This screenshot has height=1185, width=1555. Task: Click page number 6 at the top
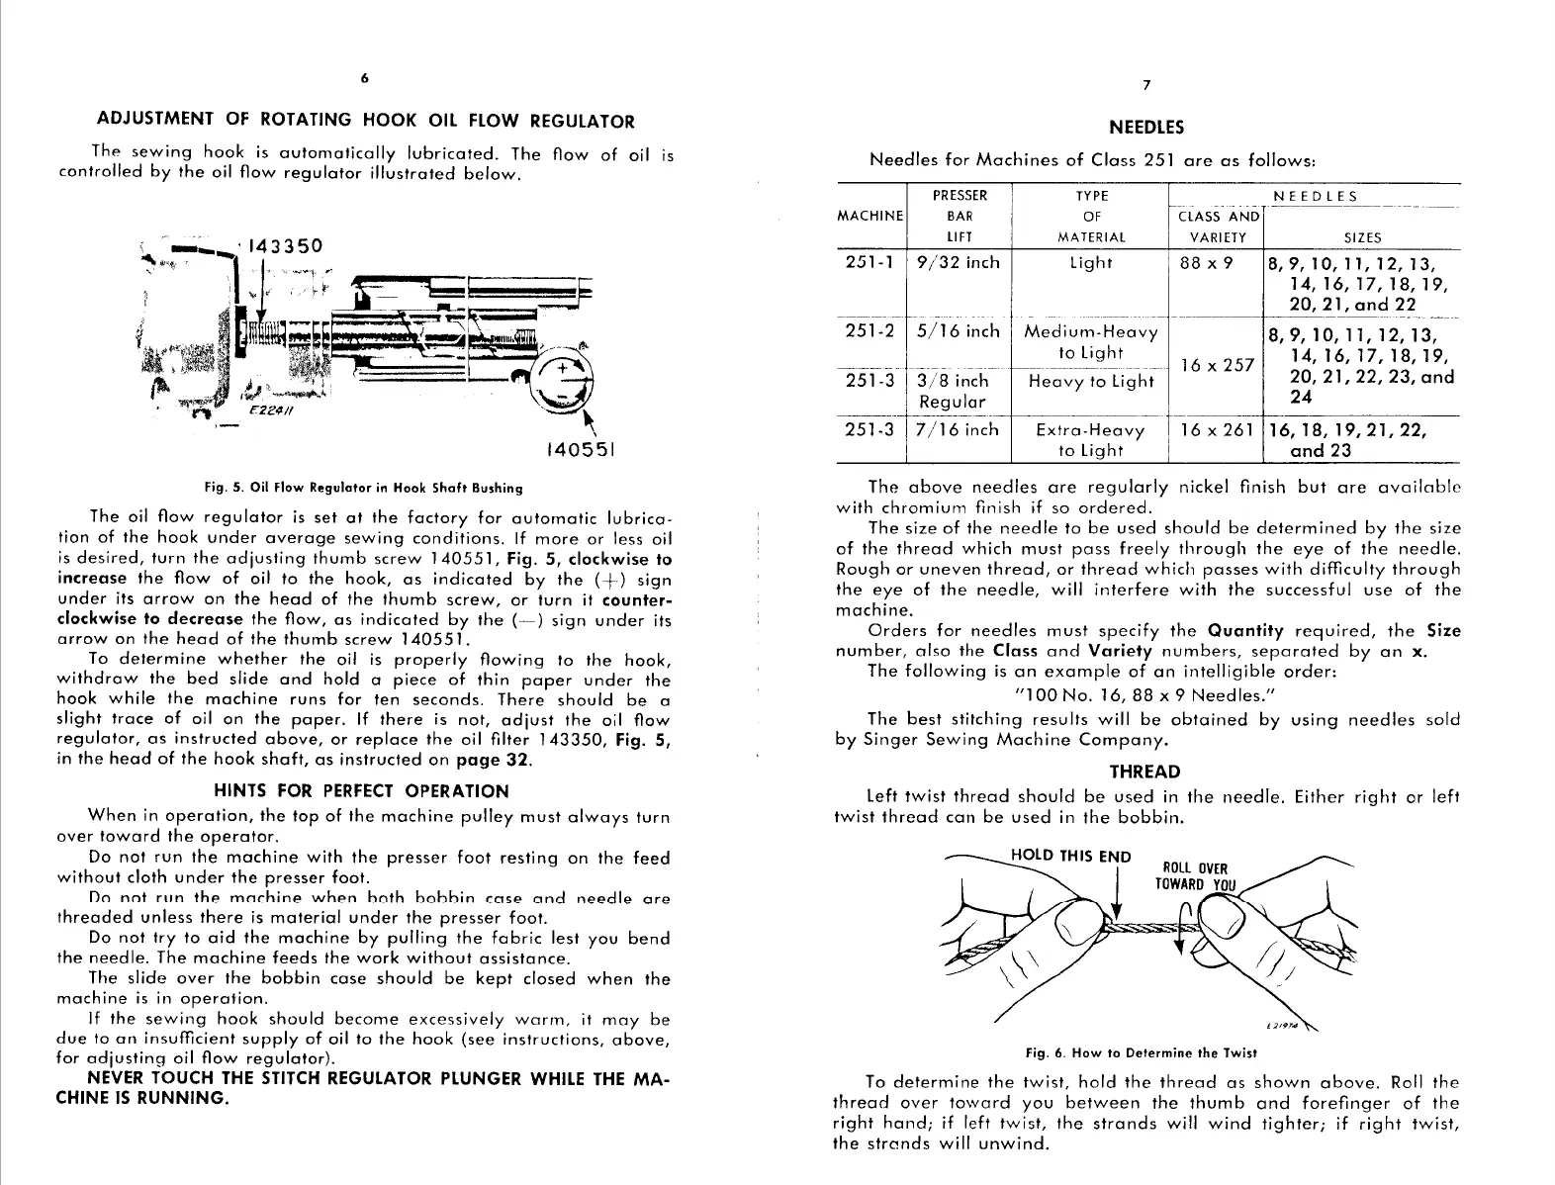pyautogui.click(x=364, y=77)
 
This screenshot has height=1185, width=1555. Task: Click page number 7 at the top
pyautogui.click(x=1146, y=85)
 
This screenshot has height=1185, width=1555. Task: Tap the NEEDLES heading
pyautogui.click(x=1146, y=128)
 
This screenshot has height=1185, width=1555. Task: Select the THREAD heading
pyautogui.click(x=1144, y=772)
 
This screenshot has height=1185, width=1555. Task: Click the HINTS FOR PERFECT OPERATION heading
pyautogui.click(x=361, y=791)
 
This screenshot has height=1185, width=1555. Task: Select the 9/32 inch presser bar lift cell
pyautogui.click(x=958, y=263)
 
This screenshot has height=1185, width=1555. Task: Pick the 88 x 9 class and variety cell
pyautogui.click(x=1207, y=263)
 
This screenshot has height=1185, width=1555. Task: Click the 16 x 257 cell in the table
pyautogui.click(x=1216, y=365)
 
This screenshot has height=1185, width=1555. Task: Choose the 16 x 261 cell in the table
pyautogui.click(x=1216, y=430)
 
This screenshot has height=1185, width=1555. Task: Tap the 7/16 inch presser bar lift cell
pyautogui.click(x=958, y=430)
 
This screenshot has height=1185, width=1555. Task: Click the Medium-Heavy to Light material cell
pyautogui.click(x=1089, y=342)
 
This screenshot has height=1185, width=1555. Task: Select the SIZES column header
pyautogui.click(x=1362, y=238)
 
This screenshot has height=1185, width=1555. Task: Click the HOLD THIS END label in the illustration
pyautogui.click(x=1070, y=857)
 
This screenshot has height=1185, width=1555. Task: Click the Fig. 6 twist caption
pyautogui.click(x=1146, y=1052)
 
